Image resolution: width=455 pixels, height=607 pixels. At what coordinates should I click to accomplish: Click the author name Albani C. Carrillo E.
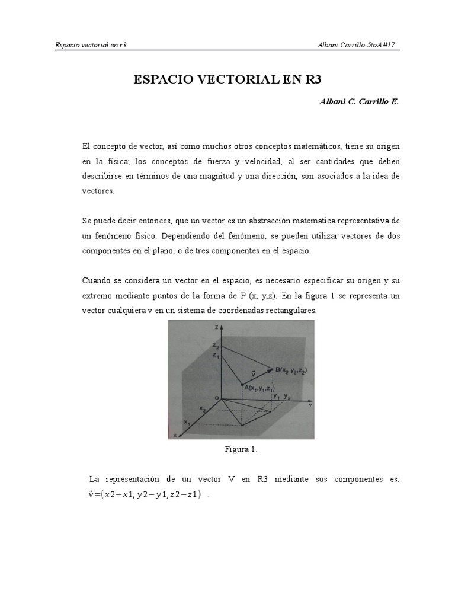359,102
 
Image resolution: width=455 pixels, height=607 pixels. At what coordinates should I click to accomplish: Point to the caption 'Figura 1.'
241,450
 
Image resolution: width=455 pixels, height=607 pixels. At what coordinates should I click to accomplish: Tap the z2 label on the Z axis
217,347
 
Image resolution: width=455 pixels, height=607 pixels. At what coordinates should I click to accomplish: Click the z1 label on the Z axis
217,356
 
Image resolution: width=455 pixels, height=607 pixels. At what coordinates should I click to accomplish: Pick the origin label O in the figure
216,398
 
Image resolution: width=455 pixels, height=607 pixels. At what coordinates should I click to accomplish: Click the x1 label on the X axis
187,423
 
